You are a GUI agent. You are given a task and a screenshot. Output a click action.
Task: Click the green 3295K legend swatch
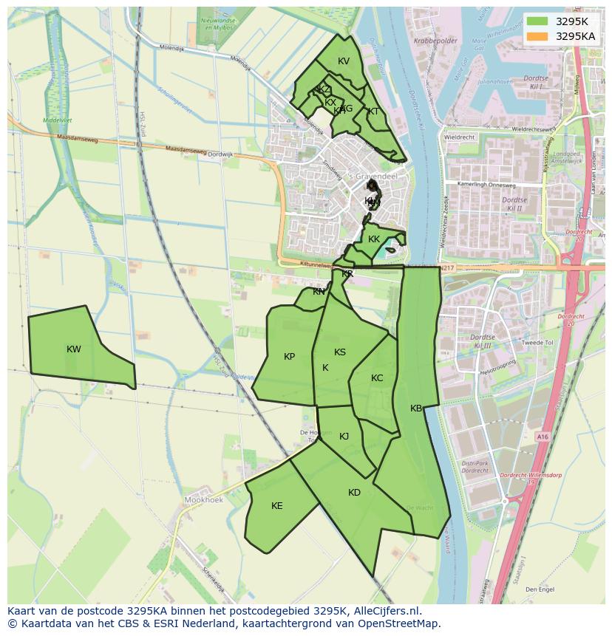tap(537, 21)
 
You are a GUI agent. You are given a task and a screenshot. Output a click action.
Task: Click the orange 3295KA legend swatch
tap(537, 36)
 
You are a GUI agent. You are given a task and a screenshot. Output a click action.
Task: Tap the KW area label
tap(74, 349)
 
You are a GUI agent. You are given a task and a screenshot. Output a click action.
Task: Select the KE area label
tap(277, 506)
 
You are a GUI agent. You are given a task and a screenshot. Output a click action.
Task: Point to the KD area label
tap(354, 493)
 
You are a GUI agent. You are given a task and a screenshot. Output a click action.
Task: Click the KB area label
tap(416, 408)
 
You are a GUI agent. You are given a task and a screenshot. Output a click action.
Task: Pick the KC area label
tap(377, 378)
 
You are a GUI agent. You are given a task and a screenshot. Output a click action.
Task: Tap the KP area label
tap(289, 357)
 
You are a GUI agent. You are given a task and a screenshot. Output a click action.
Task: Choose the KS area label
tap(340, 352)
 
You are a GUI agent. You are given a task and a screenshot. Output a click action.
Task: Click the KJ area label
tap(344, 437)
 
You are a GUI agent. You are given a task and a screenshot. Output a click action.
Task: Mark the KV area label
tap(343, 61)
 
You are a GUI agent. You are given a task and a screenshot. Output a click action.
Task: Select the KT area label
tap(373, 112)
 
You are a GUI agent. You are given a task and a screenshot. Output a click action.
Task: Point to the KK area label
tap(374, 239)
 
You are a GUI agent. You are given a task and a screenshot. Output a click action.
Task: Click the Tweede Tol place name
tap(537, 343)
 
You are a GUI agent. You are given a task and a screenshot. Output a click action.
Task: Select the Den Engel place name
tap(540, 589)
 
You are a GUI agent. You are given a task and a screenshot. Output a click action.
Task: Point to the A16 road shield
tap(543, 437)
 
